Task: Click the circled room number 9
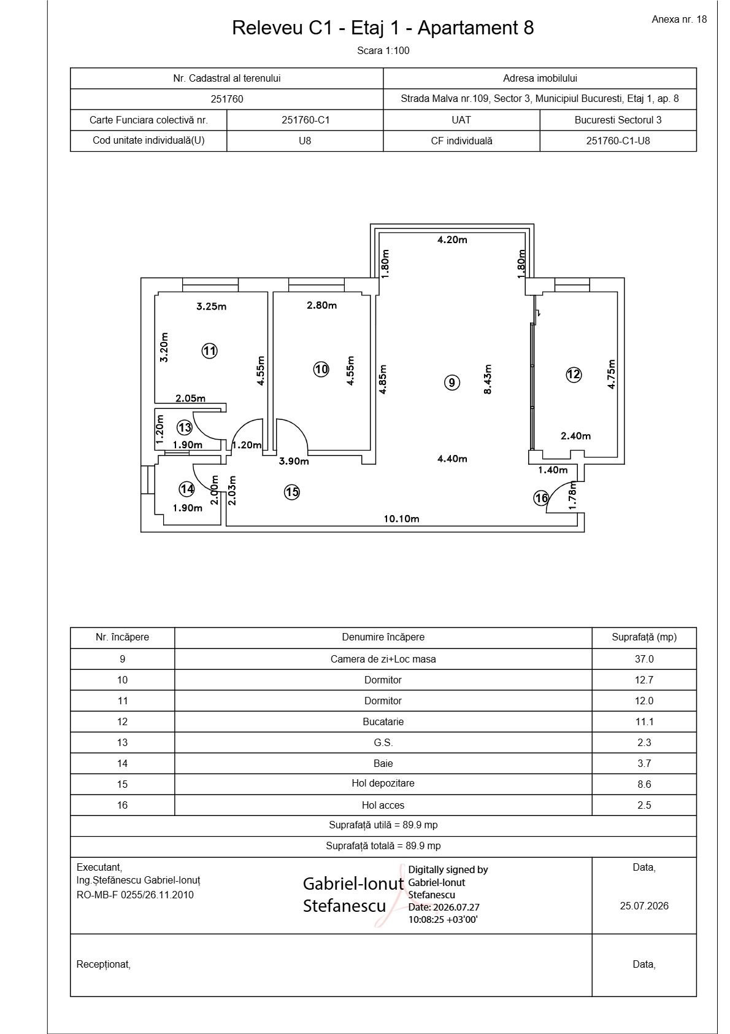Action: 452,382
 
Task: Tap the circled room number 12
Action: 574,374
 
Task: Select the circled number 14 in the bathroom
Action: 186,489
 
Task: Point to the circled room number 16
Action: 541,498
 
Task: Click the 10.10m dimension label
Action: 402,519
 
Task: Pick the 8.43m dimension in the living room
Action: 488,379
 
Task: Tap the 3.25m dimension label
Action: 211,306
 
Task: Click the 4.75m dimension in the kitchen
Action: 611,375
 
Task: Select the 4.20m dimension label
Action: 452,239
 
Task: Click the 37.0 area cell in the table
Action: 644,659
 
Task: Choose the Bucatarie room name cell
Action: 383,721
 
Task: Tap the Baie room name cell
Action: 383,763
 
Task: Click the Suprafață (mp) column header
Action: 644,637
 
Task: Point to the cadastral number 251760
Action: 227,99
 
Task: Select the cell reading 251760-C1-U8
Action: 618,141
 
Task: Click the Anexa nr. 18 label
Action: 679,20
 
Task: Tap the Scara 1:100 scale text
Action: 383,51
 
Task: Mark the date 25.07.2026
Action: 644,906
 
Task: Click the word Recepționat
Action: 103,964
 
